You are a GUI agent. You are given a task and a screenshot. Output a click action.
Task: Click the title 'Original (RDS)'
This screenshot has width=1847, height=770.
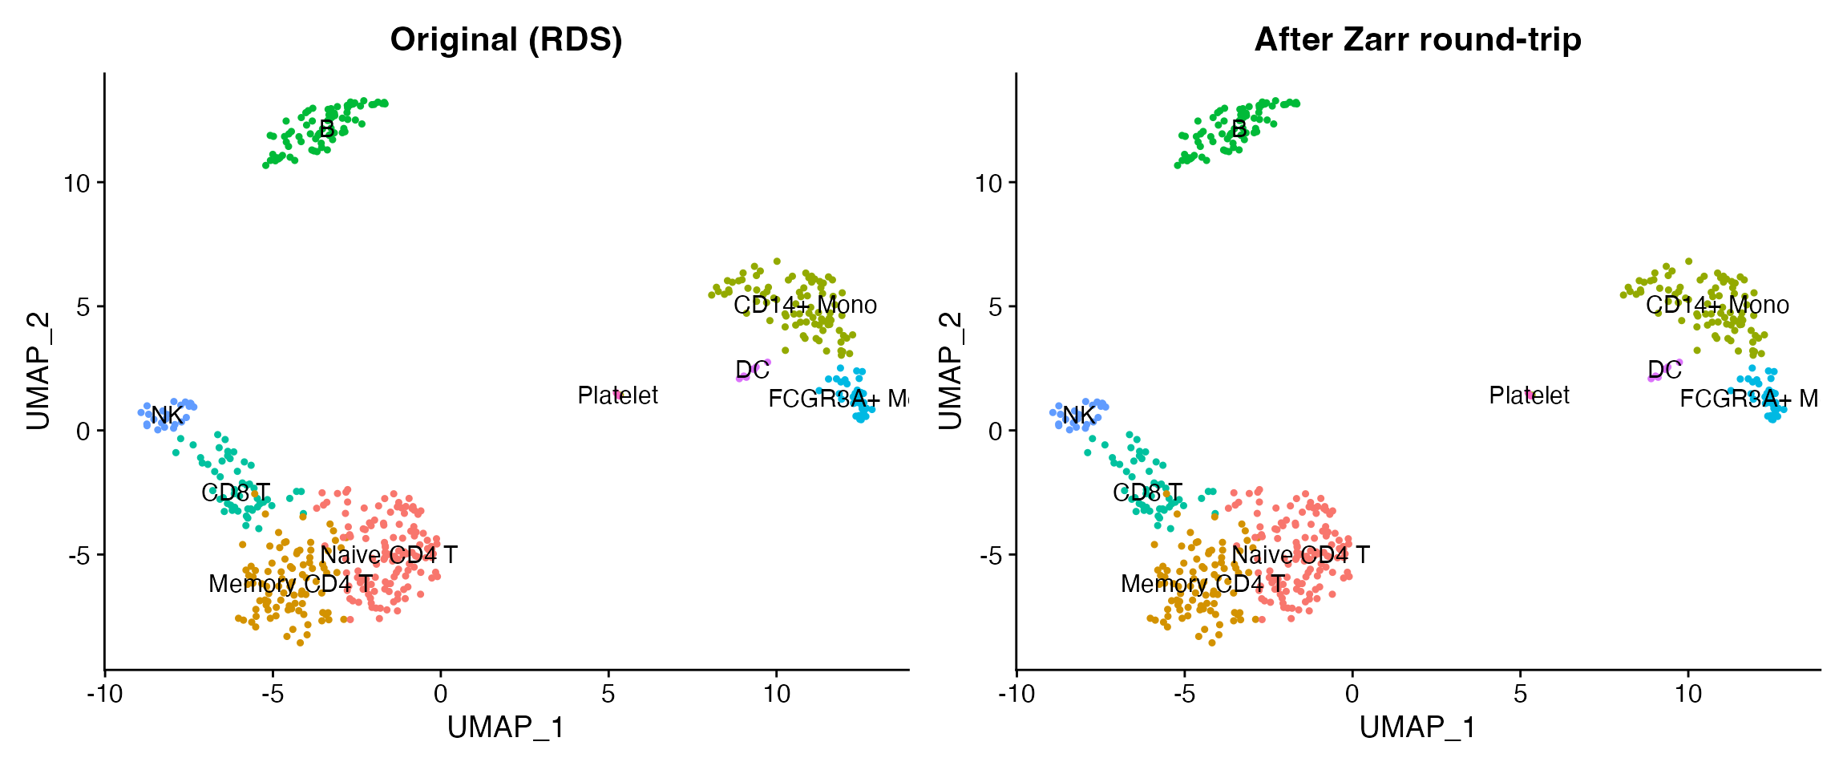click(x=506, y=39)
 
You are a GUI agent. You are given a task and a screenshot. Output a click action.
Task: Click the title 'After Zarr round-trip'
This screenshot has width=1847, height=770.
click(x=1417, y=39)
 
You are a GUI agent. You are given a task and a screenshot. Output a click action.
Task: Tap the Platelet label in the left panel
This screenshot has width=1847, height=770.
click(x=617, y=395)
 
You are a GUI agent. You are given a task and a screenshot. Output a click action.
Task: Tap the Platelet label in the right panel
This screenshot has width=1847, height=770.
click(x=1529, y=395)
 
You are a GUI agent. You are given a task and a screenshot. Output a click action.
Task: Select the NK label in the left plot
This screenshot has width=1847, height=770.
click(x=167, y=415)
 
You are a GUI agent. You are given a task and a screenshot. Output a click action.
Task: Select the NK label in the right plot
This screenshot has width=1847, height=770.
click(x=1078, y=415)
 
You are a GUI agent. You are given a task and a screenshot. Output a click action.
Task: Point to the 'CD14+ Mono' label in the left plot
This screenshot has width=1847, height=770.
click(x=805, y=306)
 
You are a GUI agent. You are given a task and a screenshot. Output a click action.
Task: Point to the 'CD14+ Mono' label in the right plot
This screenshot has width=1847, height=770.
click(x=1717, y=306)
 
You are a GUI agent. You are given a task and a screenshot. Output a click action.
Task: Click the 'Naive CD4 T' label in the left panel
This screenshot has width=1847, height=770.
click(x=389, y=555)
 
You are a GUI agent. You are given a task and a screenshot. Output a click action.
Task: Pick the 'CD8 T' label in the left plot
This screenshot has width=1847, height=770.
click(x=236, y=492)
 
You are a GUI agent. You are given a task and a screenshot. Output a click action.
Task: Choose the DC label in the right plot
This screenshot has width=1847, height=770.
click(x=1664, y=370)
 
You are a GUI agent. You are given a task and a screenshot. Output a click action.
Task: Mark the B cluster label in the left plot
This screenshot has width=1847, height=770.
click(x=326, y=129)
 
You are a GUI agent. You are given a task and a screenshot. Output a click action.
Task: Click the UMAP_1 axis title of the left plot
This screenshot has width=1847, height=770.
click(x=506, y=727)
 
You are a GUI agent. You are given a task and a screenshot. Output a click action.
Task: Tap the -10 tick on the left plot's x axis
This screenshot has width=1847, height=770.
click(x=104, y=693)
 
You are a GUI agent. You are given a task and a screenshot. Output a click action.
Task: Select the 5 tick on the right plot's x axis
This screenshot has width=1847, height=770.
click(x=1520, y=693)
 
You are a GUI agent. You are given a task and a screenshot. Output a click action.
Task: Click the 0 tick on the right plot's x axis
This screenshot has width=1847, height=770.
click(x=1352, y=693)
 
